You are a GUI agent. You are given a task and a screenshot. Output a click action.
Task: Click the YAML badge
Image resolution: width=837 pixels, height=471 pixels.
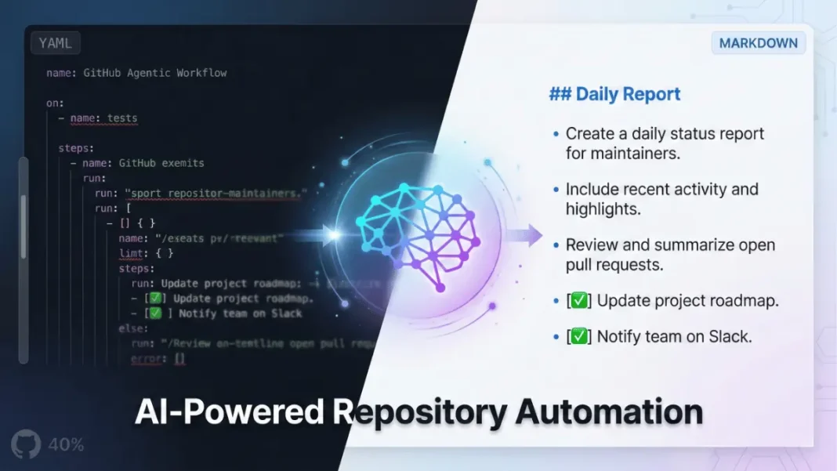tap(55, 43)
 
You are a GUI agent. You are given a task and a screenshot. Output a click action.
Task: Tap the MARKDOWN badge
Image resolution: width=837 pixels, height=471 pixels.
tap(758, 43)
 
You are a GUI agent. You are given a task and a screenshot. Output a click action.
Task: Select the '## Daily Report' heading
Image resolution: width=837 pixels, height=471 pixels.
tap(614, 94)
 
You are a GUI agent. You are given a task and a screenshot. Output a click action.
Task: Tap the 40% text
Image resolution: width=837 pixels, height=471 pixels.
tap(66, 444)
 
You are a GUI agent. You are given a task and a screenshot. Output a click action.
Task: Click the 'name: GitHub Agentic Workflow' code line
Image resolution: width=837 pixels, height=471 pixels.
tap(136, 73)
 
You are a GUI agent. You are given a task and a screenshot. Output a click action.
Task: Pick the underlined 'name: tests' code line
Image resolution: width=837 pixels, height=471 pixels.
tap(103, 118)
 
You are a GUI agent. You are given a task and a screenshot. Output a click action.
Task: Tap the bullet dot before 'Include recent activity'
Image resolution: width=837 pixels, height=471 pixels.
tap(556, 190)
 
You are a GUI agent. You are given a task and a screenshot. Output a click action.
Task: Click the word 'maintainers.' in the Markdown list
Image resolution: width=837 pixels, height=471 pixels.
tap(623, 154)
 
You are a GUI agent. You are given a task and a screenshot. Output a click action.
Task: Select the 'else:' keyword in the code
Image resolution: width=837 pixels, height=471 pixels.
tap(133, 328)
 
